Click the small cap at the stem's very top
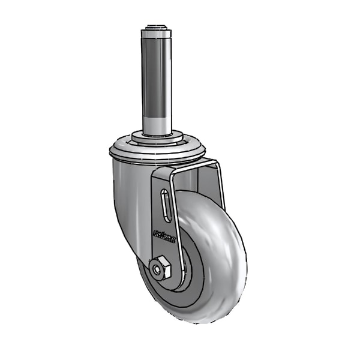(157, 28)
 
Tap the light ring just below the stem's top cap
(157, 35)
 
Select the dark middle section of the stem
(157, 78)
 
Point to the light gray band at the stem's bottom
(157, 122)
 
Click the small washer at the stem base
(157, 137)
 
